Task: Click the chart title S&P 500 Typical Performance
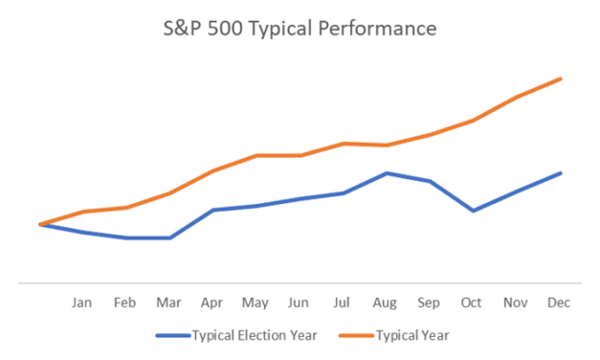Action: (300, 29)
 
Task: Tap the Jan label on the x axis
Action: (82, 303)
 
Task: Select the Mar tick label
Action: (169, 303)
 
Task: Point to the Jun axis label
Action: (299, 303)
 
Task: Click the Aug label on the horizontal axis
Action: (386, 303)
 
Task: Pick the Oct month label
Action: (472, 303)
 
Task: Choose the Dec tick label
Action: (559, 303)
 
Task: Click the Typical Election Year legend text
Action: (255, 336)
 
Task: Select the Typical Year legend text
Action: (412, 336)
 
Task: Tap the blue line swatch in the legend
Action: (171, 336)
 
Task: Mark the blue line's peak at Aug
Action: (386, 173)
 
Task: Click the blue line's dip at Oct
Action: (472, 211)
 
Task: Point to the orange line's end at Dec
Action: (560, 79)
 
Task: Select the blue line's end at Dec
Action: (560, 173)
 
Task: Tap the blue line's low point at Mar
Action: (169, 237)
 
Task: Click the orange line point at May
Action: (256, 155)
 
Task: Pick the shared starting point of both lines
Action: (39, 224)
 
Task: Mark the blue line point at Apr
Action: (212, 210)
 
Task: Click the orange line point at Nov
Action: (516, 98)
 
